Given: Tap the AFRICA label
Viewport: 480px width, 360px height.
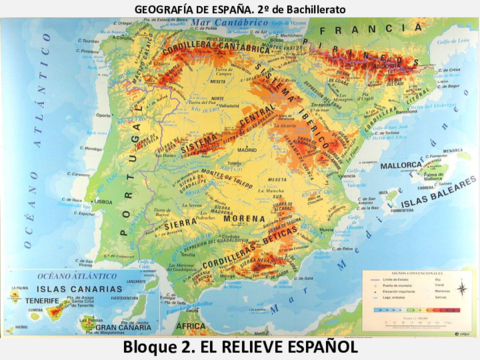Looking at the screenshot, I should (189, 326).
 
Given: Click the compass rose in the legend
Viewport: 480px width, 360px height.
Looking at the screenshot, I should (461, 289).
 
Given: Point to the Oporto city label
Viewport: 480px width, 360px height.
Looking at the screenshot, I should (102, 114).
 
